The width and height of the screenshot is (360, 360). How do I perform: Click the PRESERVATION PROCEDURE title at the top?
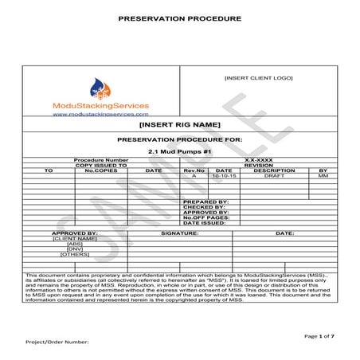[x=179, y=17]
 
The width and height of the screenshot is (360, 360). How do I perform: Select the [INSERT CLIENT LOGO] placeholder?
[x=259, y=77]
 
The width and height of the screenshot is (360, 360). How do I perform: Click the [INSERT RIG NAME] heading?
[x=179, y=125]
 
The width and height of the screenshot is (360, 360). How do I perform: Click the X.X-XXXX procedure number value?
[x=258, y=160]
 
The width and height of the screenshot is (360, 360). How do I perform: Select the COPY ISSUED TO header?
[x=100, y=165]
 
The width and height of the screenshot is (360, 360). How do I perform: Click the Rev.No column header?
[x=194, y=170]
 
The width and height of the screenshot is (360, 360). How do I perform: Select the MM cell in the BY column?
[x=323, y=175]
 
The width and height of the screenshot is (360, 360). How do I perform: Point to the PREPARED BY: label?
[x=205, y=202]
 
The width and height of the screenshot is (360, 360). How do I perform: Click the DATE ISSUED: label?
[x=205, y=223]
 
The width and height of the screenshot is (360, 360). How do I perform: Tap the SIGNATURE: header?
[x=179, y=233]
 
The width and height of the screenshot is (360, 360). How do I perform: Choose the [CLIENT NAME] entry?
[x=75, y=238]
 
